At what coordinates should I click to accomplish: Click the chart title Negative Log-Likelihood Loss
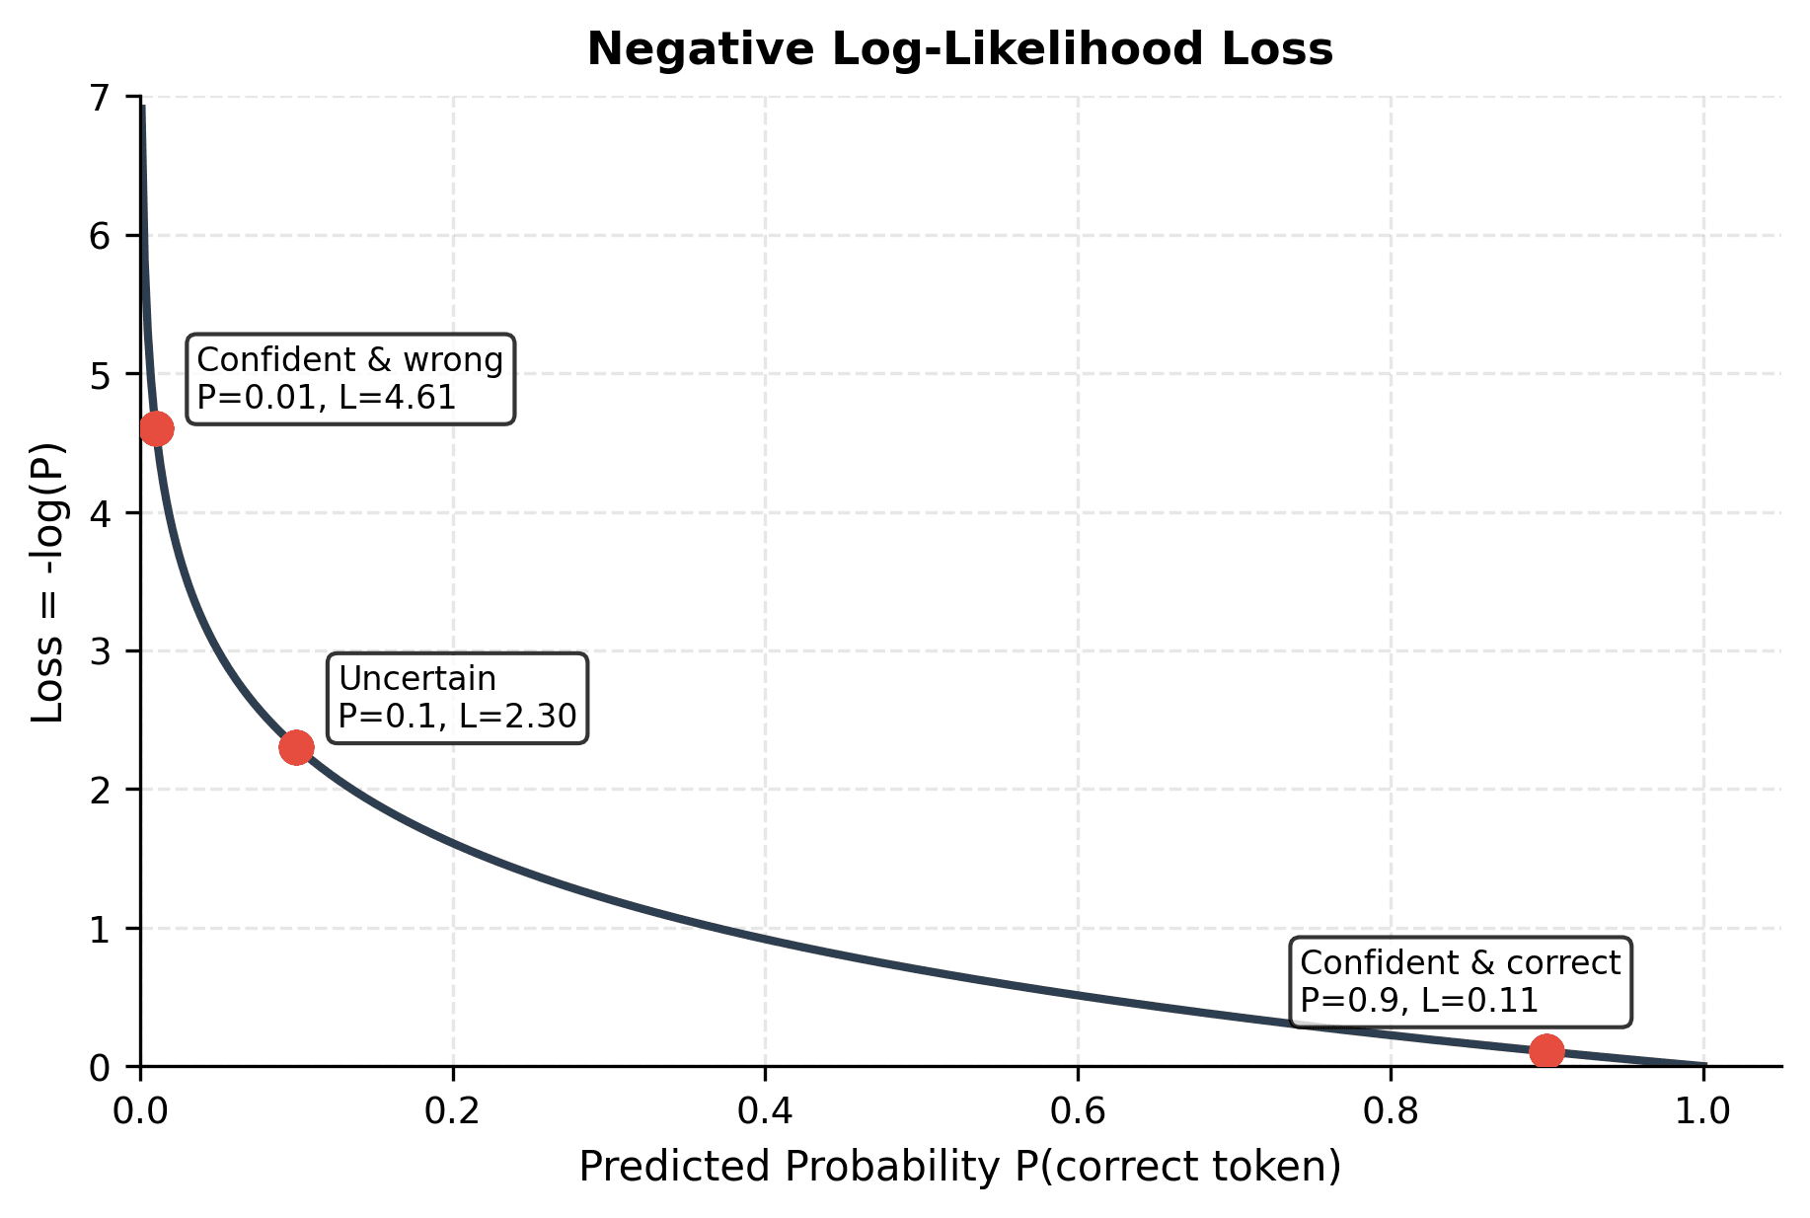959,49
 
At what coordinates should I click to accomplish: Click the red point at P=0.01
156,428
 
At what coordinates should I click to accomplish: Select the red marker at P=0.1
296,747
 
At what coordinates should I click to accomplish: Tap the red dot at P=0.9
1546,1051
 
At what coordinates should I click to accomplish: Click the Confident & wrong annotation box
350,379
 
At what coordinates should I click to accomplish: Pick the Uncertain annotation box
457,698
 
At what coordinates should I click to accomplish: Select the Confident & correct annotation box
1460,982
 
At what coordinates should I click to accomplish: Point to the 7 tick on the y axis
101,98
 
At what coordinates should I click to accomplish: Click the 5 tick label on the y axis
101,375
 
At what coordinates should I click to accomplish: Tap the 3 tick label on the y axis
101,651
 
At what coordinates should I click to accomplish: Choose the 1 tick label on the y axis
101,929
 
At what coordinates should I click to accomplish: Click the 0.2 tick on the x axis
453,1110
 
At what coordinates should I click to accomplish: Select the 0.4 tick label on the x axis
765,1110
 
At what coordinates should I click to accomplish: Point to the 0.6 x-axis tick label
1078,1110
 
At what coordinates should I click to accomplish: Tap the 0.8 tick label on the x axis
1391,1110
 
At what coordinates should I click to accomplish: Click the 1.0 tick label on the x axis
1702,1110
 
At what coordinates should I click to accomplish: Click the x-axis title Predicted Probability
959,1167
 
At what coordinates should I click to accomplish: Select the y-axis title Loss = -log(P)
47,582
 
